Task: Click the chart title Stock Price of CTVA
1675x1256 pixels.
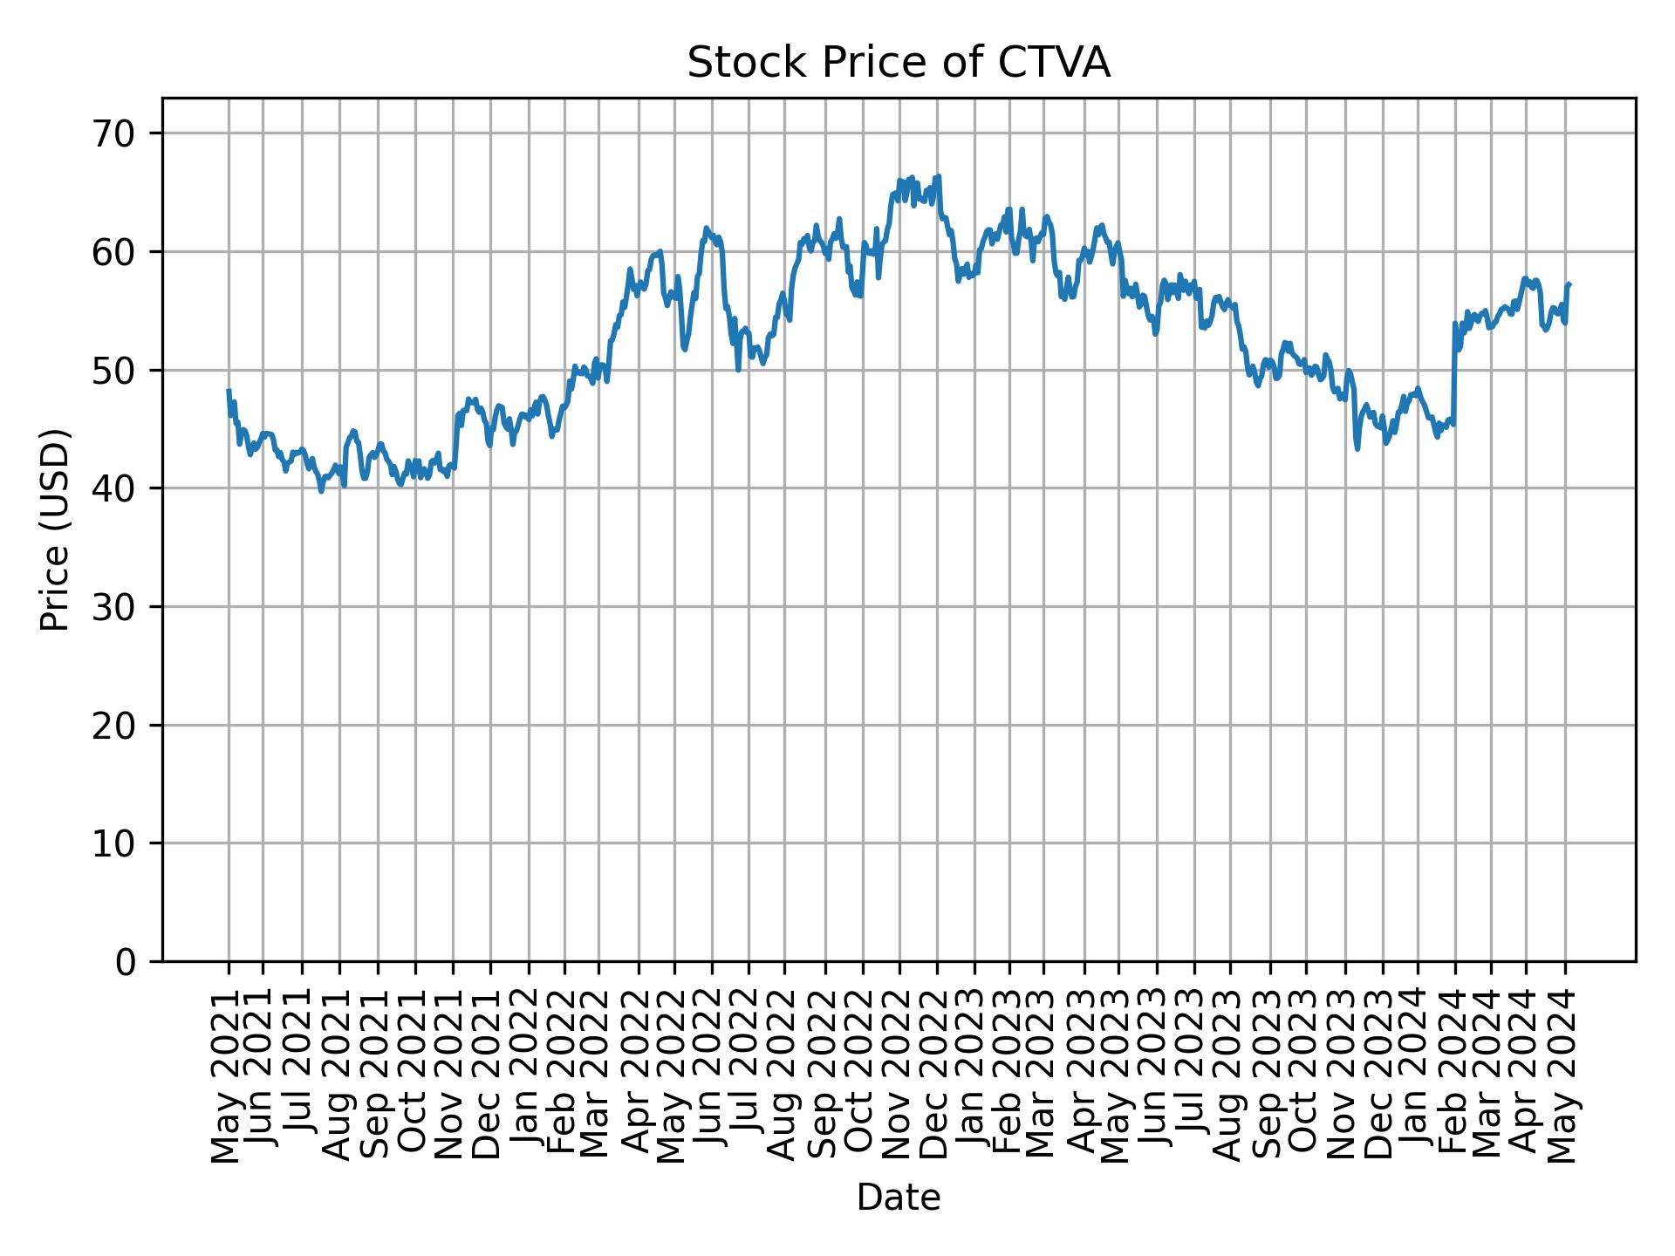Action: [899, 63]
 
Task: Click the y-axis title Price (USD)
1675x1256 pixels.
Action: [55, 529]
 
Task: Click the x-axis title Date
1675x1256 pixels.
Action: [899, 1198]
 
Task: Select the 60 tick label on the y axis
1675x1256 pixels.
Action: [114, 252]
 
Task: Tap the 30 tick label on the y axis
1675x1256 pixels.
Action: [114, 607]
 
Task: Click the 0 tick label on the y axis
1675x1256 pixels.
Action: [126, 961]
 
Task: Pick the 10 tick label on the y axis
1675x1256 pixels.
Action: [114, 843]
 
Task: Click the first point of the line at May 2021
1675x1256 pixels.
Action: [229, 391]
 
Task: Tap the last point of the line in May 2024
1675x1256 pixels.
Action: [1569, 284]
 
